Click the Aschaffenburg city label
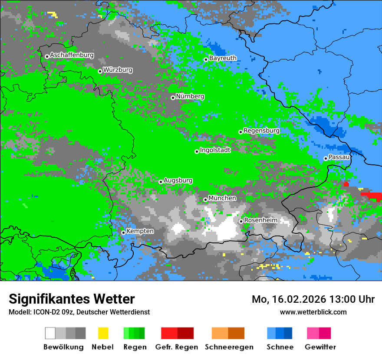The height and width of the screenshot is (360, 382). coord(72,56)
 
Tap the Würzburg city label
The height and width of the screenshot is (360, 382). coord(118,70)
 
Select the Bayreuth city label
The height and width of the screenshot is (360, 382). coord(223,59)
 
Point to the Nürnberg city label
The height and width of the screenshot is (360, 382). coord(190,97)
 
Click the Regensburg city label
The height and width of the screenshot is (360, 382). coord(261,131)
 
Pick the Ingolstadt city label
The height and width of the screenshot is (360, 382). coord(215,151)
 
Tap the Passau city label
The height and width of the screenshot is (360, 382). coord(339,157)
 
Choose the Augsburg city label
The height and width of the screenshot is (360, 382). coord(178,181)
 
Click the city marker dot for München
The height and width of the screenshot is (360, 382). coord(205,200)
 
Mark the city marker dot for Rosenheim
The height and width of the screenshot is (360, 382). coord(241,221)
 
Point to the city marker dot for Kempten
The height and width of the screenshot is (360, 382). coord(123,232)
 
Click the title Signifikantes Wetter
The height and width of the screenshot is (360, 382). coord(72,299)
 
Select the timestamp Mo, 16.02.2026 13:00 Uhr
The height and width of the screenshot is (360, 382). coord(313,300)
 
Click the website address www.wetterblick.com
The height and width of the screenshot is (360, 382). coord(313,312)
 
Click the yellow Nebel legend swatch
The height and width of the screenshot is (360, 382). coord(103,333)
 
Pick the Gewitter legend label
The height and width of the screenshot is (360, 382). coord(320,347)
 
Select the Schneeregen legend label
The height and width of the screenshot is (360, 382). coord(229,347)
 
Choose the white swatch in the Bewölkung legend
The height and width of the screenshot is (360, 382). coord(50,333)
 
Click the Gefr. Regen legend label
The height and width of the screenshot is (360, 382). coord(177,347)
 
